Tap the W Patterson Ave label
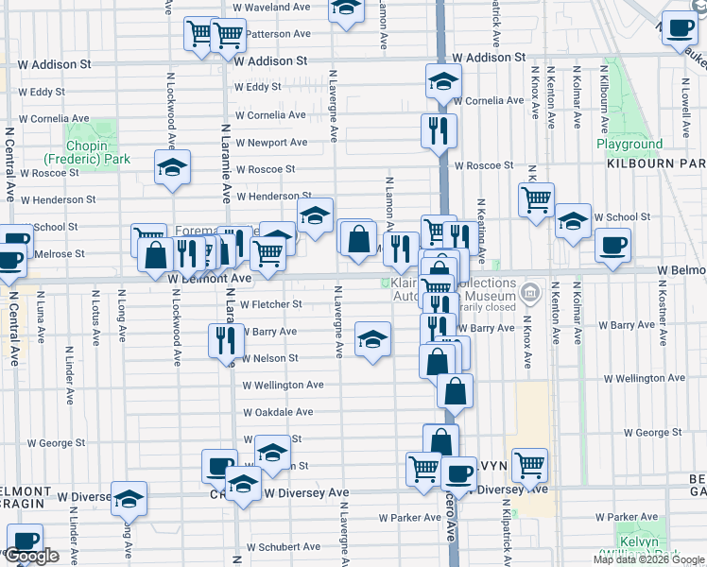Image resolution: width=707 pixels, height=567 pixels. (279, 34)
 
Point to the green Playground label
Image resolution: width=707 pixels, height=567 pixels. (629, 145)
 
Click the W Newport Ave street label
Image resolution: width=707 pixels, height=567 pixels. (271, 143)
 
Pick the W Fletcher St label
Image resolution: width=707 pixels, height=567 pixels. (270, 305)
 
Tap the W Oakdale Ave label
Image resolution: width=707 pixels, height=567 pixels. (278, 413)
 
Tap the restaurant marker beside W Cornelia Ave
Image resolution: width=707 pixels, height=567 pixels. (440, 130)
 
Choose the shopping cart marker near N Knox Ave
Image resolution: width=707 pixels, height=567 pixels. (536, 199)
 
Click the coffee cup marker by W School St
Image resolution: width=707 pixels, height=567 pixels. (612, 246)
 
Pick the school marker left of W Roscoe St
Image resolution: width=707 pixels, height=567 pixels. (173, 167)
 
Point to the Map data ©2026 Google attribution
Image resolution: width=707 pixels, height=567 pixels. (648, 559)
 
